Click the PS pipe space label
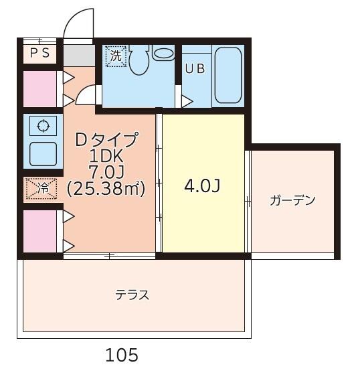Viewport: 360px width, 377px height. [40, 53]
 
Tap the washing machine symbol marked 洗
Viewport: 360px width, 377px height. [116, 56]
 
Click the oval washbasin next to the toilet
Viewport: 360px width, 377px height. [163, 53]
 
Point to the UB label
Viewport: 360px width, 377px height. [195, 68]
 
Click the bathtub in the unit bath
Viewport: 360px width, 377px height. [228, 76]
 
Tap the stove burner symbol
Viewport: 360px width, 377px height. [43, 126]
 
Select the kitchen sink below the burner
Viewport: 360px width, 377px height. [43, 153]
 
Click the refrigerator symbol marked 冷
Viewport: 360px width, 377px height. [41, 189]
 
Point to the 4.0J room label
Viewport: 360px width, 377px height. [202, 186]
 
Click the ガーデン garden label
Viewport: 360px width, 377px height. [292, 200]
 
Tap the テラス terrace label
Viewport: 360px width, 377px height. [132, 295]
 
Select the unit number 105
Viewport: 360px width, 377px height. [122, 355]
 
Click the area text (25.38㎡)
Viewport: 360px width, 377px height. [106, 189]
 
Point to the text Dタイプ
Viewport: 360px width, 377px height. [107, 140]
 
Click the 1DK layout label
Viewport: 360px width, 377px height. [106, 156]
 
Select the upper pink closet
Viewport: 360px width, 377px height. [40, 89]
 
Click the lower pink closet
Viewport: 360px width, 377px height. [40, 231]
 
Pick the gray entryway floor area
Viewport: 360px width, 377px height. [79, 55]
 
